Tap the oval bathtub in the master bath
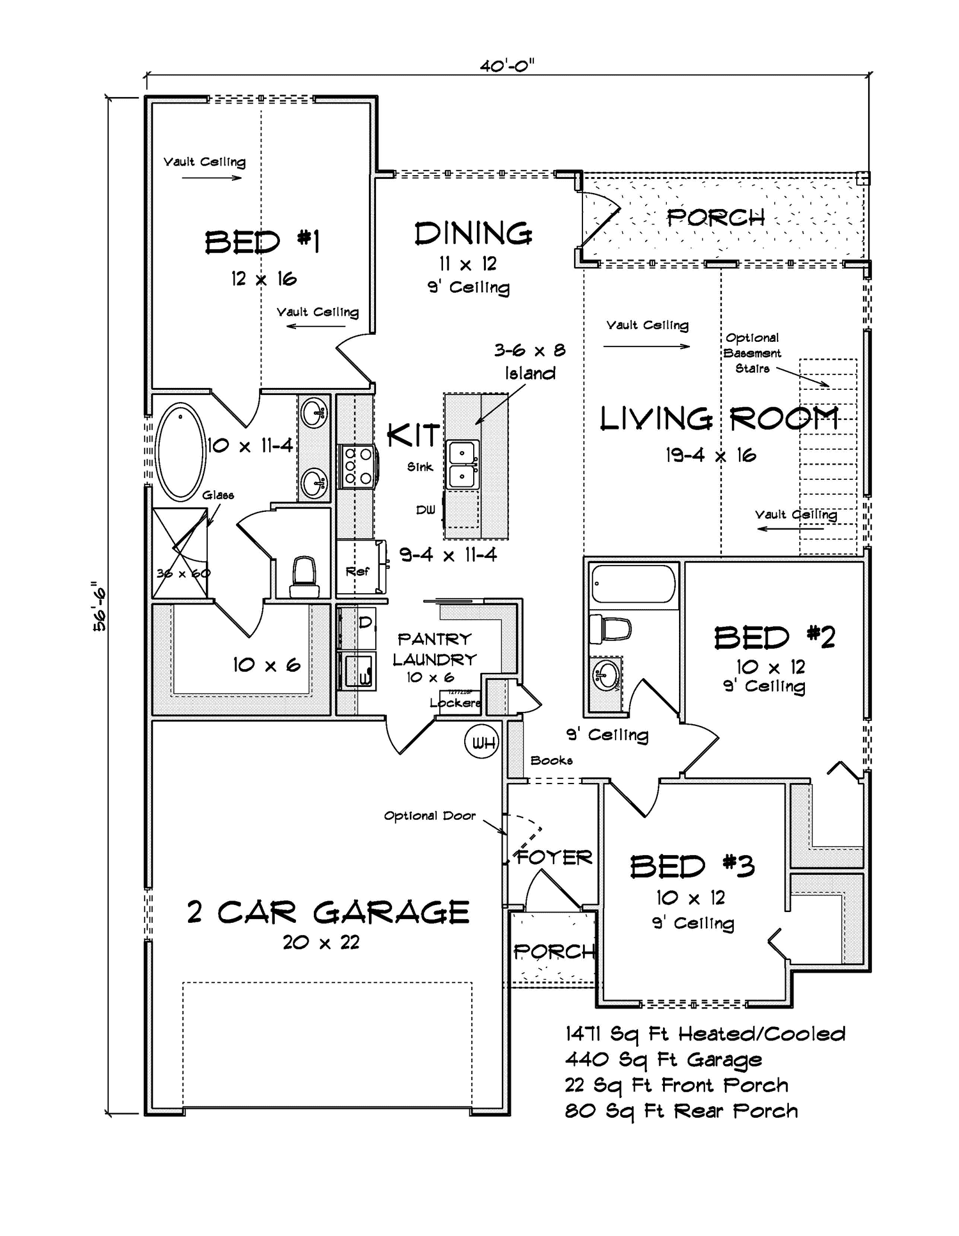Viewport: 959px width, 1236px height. coord(181,451)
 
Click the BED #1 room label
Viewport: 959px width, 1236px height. coord(262,243)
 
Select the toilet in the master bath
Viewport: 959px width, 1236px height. coord(303,576)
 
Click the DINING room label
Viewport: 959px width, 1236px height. coord(473,234)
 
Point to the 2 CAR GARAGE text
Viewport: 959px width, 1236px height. coord(328,913)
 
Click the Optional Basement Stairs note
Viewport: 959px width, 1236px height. coord(752,353)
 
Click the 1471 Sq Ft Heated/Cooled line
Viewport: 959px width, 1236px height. coord(705,1034)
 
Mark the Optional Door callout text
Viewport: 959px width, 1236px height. coord(430,816)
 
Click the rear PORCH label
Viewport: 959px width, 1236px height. coord(715,218)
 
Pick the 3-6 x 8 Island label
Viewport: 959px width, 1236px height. coord(530,362)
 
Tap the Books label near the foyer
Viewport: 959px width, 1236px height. coord(551,761)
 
